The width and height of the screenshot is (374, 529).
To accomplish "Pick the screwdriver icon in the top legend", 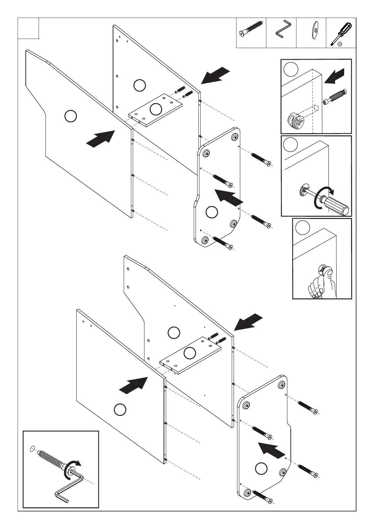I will click(x=340, y=34).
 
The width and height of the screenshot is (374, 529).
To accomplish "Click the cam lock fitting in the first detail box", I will click(x=295, y=120).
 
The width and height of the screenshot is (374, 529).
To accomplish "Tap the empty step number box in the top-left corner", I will click(x=28, y=28).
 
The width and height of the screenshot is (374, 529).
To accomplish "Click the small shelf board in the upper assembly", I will click(x=155, y=109).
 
